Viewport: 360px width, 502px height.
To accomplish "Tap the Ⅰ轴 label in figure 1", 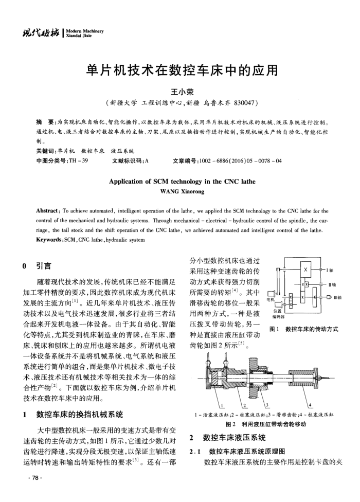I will click(x=330, y=271).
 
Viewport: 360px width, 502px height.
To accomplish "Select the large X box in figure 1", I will click(x=307, y=270).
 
